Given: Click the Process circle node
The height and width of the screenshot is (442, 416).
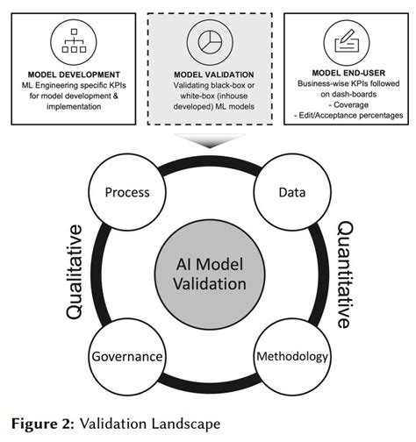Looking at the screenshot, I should tap(126, 192).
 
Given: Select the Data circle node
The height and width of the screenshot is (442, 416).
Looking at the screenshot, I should tap(285, 192).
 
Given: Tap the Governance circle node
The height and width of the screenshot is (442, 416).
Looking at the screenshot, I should tap(126, 357).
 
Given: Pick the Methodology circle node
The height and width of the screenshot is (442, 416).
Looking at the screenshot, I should tap(291, 357).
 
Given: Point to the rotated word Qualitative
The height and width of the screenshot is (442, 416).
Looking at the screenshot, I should tap(75, 274).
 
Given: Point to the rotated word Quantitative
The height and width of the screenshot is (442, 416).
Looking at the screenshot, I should tap(344, 274).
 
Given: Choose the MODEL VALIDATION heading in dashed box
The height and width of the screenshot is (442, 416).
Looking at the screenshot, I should tap(207, 74).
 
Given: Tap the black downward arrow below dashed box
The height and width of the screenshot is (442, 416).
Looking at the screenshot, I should tap(208, 139).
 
